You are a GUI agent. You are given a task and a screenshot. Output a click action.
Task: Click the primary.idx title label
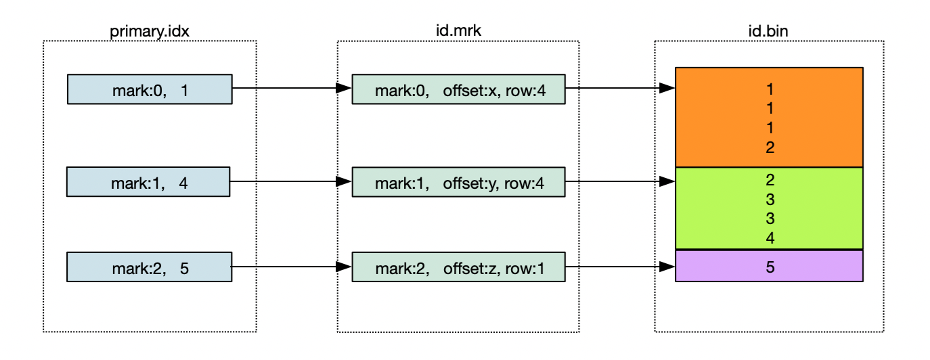pos(150,31)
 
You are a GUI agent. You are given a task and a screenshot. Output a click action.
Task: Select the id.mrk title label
pos(458,31)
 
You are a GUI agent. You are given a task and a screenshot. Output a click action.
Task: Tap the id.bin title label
pos(770,31)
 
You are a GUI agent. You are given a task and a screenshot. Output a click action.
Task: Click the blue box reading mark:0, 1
pos(150,89)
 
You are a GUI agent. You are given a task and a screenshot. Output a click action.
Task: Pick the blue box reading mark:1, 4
pos(149,183)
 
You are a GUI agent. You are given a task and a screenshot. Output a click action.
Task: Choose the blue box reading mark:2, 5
pos(150,267)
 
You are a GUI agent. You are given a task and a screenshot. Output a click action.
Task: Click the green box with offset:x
pos(458,89)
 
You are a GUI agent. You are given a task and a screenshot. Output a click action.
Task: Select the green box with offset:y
pos(458,183)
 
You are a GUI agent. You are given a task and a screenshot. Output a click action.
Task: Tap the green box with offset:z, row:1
pos(458,267)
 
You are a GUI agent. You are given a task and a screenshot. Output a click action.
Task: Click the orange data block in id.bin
pos(770,117)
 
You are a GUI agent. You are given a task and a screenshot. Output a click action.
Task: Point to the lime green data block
pos(770,208)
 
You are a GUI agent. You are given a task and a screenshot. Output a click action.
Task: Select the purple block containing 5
pos(770,266)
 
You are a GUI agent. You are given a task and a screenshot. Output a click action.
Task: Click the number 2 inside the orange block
pos(770,147)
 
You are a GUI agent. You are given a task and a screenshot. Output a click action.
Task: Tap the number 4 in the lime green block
pos(770,238)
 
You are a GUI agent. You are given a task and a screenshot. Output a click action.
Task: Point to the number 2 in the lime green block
pos(770,180)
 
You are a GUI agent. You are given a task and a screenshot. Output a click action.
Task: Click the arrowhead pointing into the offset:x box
pos(345,89)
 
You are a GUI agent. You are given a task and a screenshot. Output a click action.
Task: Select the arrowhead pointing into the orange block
pos(668,89)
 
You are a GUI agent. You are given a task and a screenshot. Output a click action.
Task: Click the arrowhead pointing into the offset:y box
pos(345,182)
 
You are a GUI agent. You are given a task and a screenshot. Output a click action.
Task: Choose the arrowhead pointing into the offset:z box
pos(345,267)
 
